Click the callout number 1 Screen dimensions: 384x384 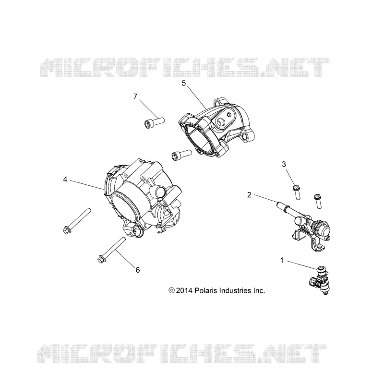(282, 260)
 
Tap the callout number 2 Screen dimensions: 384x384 (249, 195)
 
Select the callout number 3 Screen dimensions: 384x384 (284, 164)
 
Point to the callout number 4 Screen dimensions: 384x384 (65, 180)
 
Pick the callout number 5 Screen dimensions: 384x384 (184, 83)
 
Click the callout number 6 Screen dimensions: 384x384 (138, 270)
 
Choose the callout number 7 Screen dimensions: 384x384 (135, 96)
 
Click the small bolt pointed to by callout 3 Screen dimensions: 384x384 (296, 193)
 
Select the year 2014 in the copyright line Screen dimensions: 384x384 (184, 291)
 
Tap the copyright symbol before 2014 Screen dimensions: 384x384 (171, 291)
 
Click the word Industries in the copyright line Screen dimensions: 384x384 (235, 291)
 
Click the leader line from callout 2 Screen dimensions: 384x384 (266, 199)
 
